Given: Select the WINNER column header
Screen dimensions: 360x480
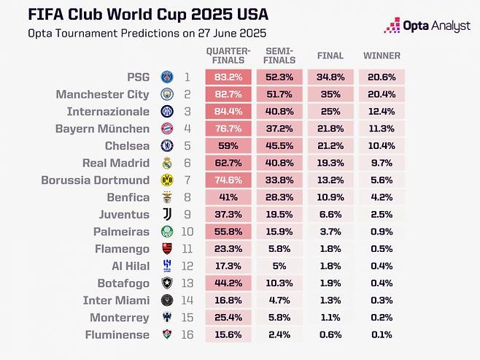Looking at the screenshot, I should [x=382, y=55].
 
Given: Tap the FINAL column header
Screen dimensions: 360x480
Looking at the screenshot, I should [x=330, y=55].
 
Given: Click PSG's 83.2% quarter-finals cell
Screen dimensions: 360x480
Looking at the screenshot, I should [x=228, y=77].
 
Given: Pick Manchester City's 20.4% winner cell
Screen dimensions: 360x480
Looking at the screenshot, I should [x=382, y=94].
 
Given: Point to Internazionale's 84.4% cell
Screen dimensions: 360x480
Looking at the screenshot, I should [x=228, y=111].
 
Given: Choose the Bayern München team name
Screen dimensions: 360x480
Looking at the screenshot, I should [x=113, y=129].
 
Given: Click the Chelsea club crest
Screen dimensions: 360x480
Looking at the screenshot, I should [x=166, y=145].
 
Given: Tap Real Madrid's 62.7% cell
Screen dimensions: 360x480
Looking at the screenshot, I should [x=228, y=163].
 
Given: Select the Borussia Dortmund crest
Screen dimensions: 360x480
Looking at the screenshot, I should [x=166, y=180].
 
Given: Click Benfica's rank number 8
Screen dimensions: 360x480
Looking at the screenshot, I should [x=187, y=197].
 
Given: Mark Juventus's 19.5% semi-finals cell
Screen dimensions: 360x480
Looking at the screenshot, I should [x=279, y=214].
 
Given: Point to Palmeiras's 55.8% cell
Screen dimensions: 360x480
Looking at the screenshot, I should [x=228, y=231].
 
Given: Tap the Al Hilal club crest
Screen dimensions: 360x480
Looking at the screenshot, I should [x=166, y=266].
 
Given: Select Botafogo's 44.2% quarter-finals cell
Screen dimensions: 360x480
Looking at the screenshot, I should [x=228, y=283].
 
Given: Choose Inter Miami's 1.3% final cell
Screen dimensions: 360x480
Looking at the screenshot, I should [x=330, y=300].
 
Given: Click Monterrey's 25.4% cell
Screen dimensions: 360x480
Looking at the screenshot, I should [x=228, y=317].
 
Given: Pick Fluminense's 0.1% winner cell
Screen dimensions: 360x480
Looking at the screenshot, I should [x=382, y=334].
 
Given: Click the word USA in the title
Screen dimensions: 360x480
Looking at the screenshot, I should [x=247, y=15].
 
